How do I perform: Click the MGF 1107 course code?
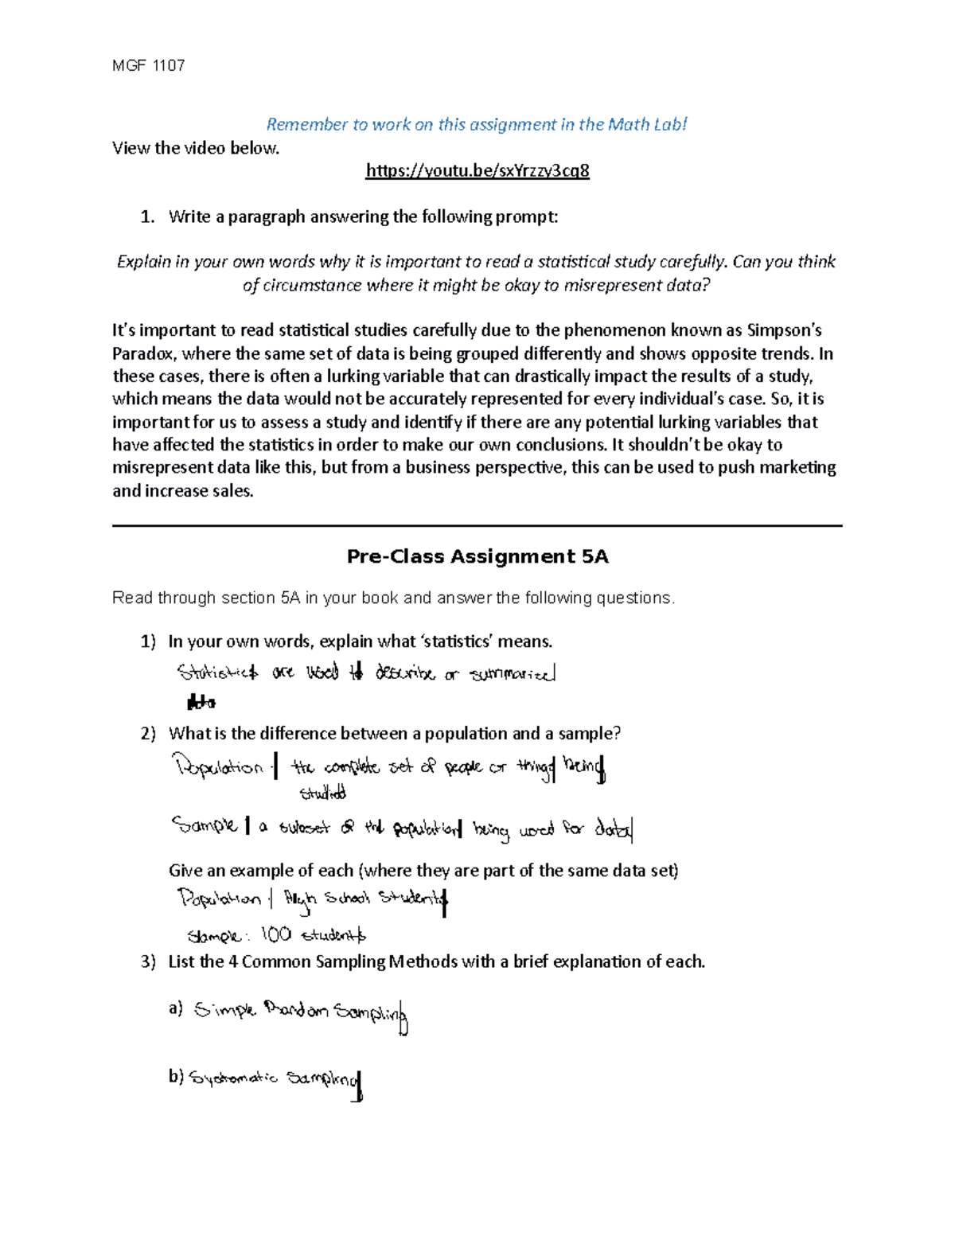[x=149, y=66]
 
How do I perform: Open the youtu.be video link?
[x=477, y=171]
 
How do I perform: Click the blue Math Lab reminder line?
[x=476, y=124]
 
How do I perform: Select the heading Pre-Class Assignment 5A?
[x=477, y=556]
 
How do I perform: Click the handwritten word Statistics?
[x=217, y=673]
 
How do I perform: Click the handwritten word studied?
[x=322, y=793]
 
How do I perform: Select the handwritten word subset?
[x=304, y=828]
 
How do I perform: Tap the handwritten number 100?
[x=275, y=934]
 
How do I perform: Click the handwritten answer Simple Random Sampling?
[x=301, y=1012]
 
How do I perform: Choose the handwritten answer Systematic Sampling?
[x=275, y=1079]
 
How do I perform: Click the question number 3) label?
[x=148, y=962]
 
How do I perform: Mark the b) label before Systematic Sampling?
[x=176, y=1077]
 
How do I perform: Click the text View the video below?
[x=196, y=148]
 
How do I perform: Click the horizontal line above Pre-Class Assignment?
[x=477, y=525]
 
